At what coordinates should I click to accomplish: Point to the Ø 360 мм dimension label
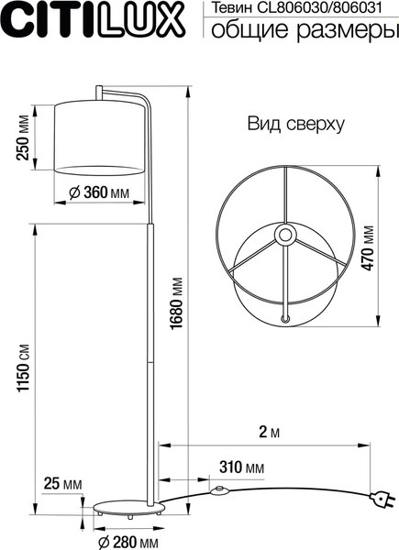point(98,192)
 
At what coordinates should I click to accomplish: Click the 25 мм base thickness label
point(62,483)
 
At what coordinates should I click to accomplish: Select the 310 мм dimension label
point(241,467)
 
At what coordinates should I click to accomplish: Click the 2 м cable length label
point(269,432)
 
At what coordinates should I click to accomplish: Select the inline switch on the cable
point(218,492)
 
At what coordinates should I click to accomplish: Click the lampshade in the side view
point(98,137)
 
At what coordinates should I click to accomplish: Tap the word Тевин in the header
point(233,9)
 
